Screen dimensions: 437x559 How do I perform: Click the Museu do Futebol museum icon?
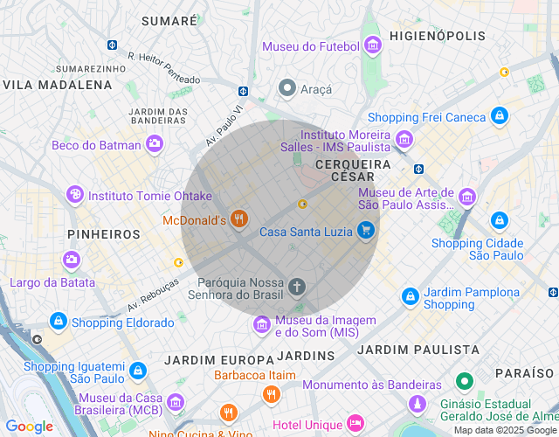[373, 45]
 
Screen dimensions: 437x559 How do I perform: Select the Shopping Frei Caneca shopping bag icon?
[499, 114]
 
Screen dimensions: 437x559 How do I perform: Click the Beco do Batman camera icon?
[155, 144]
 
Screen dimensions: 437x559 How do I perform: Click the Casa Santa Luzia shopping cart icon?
[366, 231]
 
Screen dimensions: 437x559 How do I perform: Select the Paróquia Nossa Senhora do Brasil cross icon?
[297, 287]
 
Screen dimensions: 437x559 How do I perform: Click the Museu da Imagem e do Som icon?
[261, 325]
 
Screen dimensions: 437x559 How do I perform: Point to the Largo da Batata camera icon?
[71, 260]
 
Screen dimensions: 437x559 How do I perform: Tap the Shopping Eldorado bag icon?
[59, 322]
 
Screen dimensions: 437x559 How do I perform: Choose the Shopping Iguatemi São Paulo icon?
[137, 371]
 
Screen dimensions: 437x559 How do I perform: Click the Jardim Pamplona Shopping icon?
[410, 297]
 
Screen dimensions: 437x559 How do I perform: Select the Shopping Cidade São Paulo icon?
[499, 221]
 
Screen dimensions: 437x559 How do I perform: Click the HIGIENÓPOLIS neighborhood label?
[437, 36]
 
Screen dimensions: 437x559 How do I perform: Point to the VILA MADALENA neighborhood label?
[58, 85]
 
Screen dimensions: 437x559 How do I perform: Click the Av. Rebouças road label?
[153, 295]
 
